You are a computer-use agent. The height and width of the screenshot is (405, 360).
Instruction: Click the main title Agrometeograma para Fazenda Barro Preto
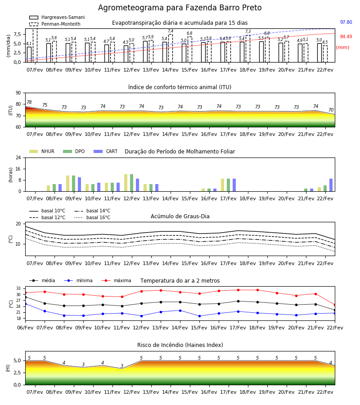coord(180,8)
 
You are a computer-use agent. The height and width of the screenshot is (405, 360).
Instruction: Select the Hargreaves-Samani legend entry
coord(57,17)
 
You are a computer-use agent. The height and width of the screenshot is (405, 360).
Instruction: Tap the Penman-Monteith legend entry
coord(55,24)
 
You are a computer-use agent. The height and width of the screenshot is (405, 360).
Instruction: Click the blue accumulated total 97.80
coord(346,22)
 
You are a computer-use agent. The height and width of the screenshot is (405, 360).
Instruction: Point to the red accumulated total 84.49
coord(346,37)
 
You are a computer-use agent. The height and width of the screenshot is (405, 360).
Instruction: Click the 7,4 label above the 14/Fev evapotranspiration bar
coord(171,31)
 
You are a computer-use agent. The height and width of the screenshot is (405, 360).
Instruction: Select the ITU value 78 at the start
coord(29,102)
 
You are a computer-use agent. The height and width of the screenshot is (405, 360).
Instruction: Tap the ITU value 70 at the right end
coord(331,110)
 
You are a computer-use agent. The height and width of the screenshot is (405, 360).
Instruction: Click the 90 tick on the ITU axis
coord(18,93)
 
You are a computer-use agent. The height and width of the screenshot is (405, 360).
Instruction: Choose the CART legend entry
coord(106,151)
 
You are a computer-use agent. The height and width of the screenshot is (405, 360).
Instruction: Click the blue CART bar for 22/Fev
coord(331,185)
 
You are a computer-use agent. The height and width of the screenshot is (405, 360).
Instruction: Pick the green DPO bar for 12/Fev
coord(132,183)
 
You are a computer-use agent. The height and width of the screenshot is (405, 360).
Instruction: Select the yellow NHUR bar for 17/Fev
coord(223,185)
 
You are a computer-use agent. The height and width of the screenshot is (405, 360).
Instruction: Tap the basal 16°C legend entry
coord(92,217)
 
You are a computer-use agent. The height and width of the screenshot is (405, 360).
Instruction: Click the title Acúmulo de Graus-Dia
coord(180,216)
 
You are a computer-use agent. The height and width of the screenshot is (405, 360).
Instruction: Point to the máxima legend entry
coord(116,280)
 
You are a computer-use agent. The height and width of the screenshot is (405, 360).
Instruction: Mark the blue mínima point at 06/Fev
coord(25,304)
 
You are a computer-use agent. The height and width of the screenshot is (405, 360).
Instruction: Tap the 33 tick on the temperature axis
coord(18,288)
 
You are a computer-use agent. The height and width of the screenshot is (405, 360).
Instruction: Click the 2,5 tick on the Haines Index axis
coord(18,373)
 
